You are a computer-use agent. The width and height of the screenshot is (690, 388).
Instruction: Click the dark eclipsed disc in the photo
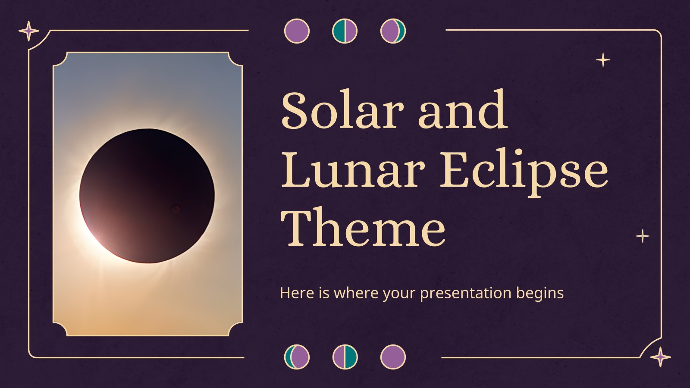tap(147, 196)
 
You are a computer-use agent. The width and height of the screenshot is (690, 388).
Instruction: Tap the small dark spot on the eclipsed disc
tap(176, 209)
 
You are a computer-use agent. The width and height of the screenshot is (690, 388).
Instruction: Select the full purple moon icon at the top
tap(297, 31)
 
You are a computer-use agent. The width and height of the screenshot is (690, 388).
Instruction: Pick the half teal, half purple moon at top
tap(345, 31)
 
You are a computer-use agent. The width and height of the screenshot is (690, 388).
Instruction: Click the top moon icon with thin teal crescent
tap(393, 31)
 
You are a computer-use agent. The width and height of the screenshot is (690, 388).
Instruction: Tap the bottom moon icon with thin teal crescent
tap(297, 357)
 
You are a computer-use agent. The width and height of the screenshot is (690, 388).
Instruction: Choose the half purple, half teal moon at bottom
tap(345, 357)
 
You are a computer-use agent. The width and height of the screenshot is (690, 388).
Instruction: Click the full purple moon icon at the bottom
tap(393, 357)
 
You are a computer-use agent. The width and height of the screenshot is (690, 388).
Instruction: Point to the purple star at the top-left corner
tap(28, 31)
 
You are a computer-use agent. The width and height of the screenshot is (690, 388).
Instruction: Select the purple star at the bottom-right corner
tap(660, 357)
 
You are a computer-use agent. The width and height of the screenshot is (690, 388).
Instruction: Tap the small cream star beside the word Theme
tap(643, 236)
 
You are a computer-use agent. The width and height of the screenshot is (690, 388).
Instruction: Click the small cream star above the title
tap(603, 60)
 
